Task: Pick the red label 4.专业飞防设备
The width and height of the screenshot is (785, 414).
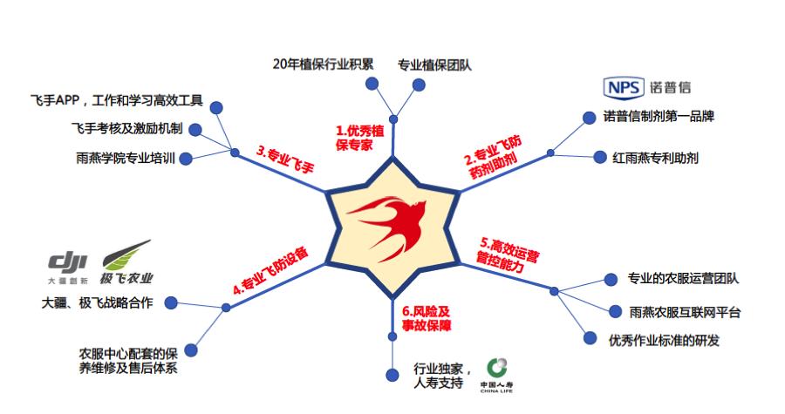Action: coord(270,271)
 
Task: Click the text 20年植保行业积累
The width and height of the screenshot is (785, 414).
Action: coord(323,64)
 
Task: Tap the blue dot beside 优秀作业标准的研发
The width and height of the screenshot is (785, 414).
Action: coord(590,339)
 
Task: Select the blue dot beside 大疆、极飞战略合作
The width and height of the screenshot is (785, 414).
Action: coord(172,303)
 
